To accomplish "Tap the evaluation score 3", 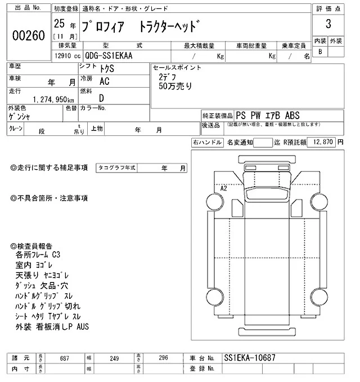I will pyautogui.click(x=327, y=25).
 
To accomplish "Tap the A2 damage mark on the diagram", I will pyautogui.click(x=223, y=189).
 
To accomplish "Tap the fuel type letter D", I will pyautogui.click(x=101, y=98).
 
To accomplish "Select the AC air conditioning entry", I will pyautogui.click(x=104, y=81).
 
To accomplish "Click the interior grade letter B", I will pyautogui.click(x=321, y=52).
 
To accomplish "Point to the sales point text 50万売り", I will pyautogui.click(x=175, y=86).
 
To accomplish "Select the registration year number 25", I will pyautogui.click(x=58, y=25).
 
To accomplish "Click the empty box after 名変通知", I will pyautogui.click(x=262, y=143).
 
